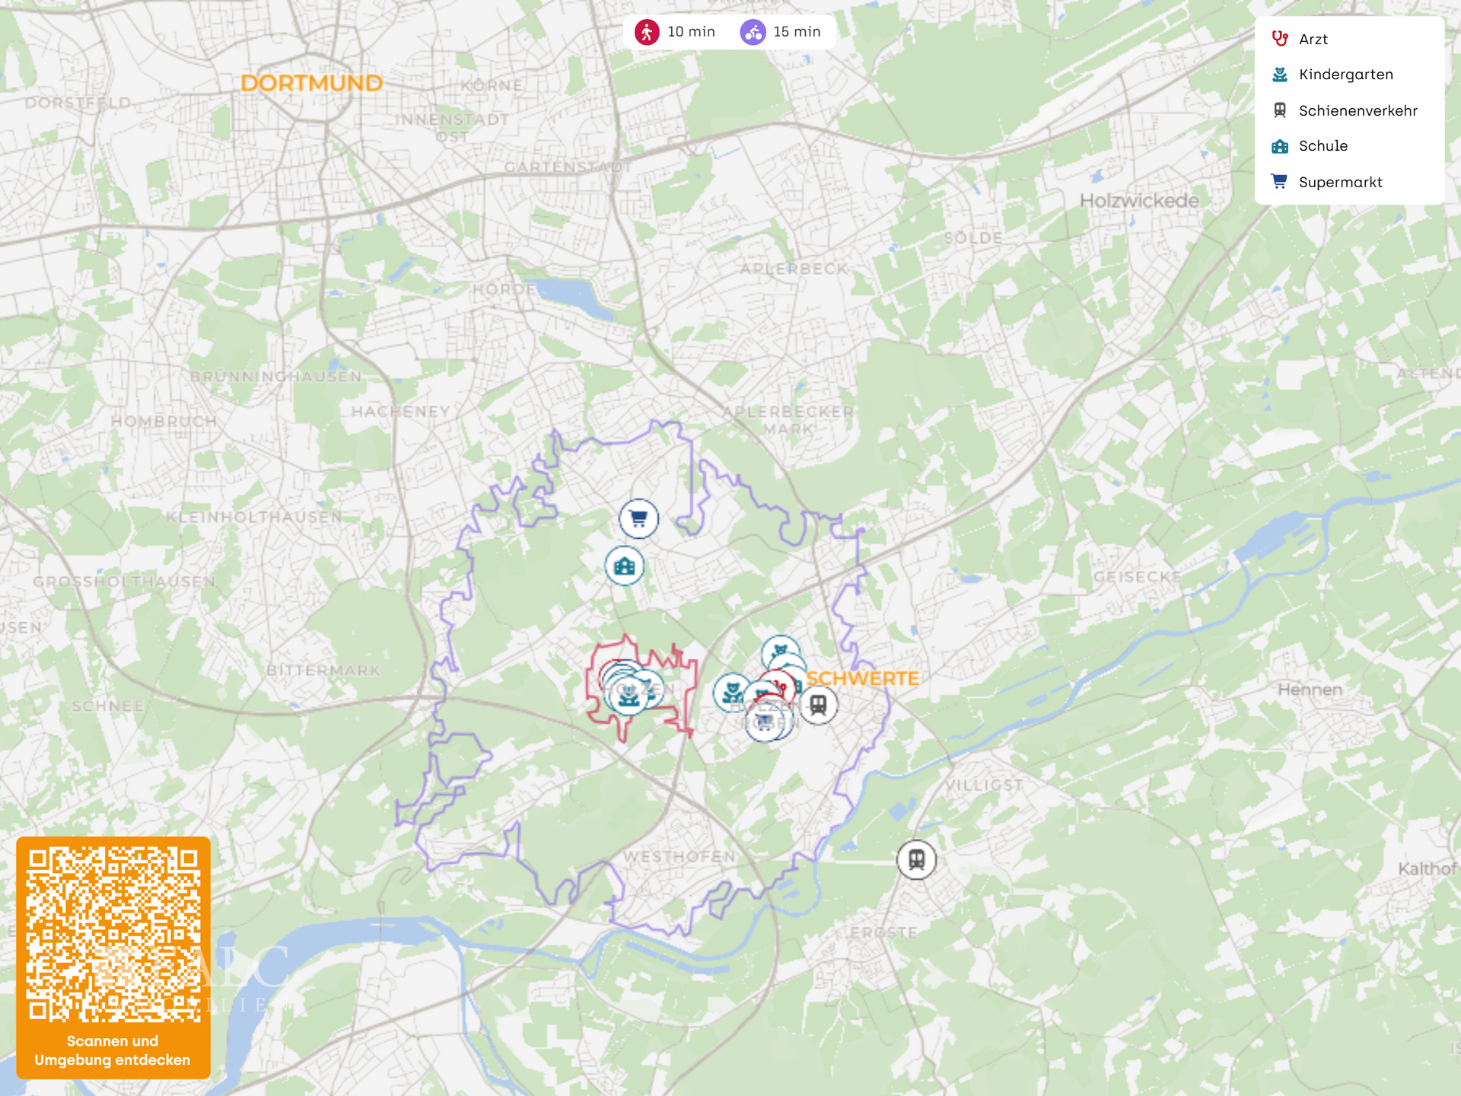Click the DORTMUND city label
click(311, 83)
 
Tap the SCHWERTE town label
click(862, 678)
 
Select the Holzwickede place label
click(1139, 201)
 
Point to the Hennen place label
click(1310, 690)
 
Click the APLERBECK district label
click(794, 269)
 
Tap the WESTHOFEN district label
click(680, 856)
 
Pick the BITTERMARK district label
click(323, 671)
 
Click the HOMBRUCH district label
click(164, 421)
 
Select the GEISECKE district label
click(1137, 577)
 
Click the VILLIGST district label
click(985, 784)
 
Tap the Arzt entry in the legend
click(1313, 40)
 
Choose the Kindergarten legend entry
click(1345, 75)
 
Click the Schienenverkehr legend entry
click(1358, 110)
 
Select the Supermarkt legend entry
click(1340, 182)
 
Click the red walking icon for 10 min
click(647, 32)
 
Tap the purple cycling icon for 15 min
click(753, 32)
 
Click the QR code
click(113, 935)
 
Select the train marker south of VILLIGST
click(916, 859)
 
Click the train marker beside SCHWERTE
click(818, 705)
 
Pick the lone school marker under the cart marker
click(625, 566)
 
